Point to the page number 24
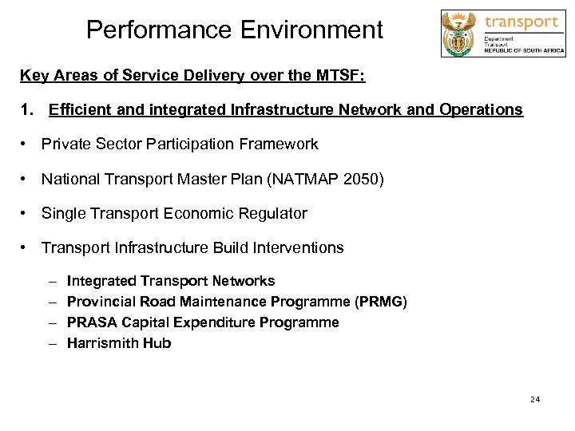(x=534, y=399)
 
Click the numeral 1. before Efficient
(x=26, y=109)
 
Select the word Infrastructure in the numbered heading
(x=269, y=109)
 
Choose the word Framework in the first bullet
(x=281, y=144)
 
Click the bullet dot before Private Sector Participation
(x=26, y=144)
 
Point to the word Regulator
(x=274, y=213)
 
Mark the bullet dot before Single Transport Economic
(x=26, y=213)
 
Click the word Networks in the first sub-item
(x=245, y=281)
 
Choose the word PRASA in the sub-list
(x=90, y=322)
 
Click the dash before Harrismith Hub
(x=51, y=343)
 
